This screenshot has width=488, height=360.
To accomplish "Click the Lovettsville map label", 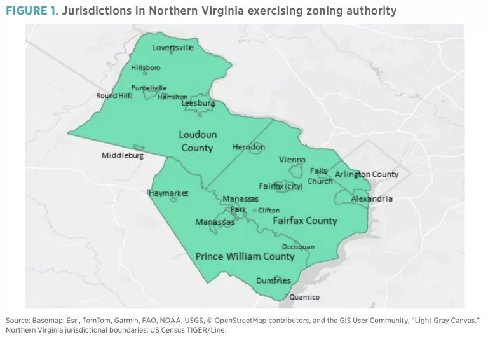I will point(173,48).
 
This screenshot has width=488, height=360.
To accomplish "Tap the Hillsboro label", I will point(146,67).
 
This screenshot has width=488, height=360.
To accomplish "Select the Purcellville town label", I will point(149,88).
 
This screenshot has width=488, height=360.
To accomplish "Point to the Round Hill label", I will point(114,95).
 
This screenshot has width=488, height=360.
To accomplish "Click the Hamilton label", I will point(172,97).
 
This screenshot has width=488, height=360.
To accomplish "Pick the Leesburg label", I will point(198,103).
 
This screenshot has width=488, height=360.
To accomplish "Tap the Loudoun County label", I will point(197,141).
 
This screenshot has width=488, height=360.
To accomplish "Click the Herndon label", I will point(248,147).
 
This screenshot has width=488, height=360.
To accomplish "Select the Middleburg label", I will point(123,155).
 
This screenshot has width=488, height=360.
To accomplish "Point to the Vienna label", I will point(292,160).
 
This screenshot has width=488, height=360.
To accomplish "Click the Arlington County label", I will point(367,174).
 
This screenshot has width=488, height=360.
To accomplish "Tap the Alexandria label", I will point(372,199).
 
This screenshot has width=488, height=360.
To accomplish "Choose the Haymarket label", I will point(168,193).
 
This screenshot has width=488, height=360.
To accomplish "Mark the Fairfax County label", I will point(304,221).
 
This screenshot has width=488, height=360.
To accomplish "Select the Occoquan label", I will point(298,247).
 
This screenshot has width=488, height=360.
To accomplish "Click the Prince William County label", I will point(245,256).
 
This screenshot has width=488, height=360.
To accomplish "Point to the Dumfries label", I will point(273,280).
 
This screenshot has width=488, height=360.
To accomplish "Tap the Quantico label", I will point(304,297).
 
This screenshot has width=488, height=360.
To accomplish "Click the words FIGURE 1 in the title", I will point(30,10).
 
